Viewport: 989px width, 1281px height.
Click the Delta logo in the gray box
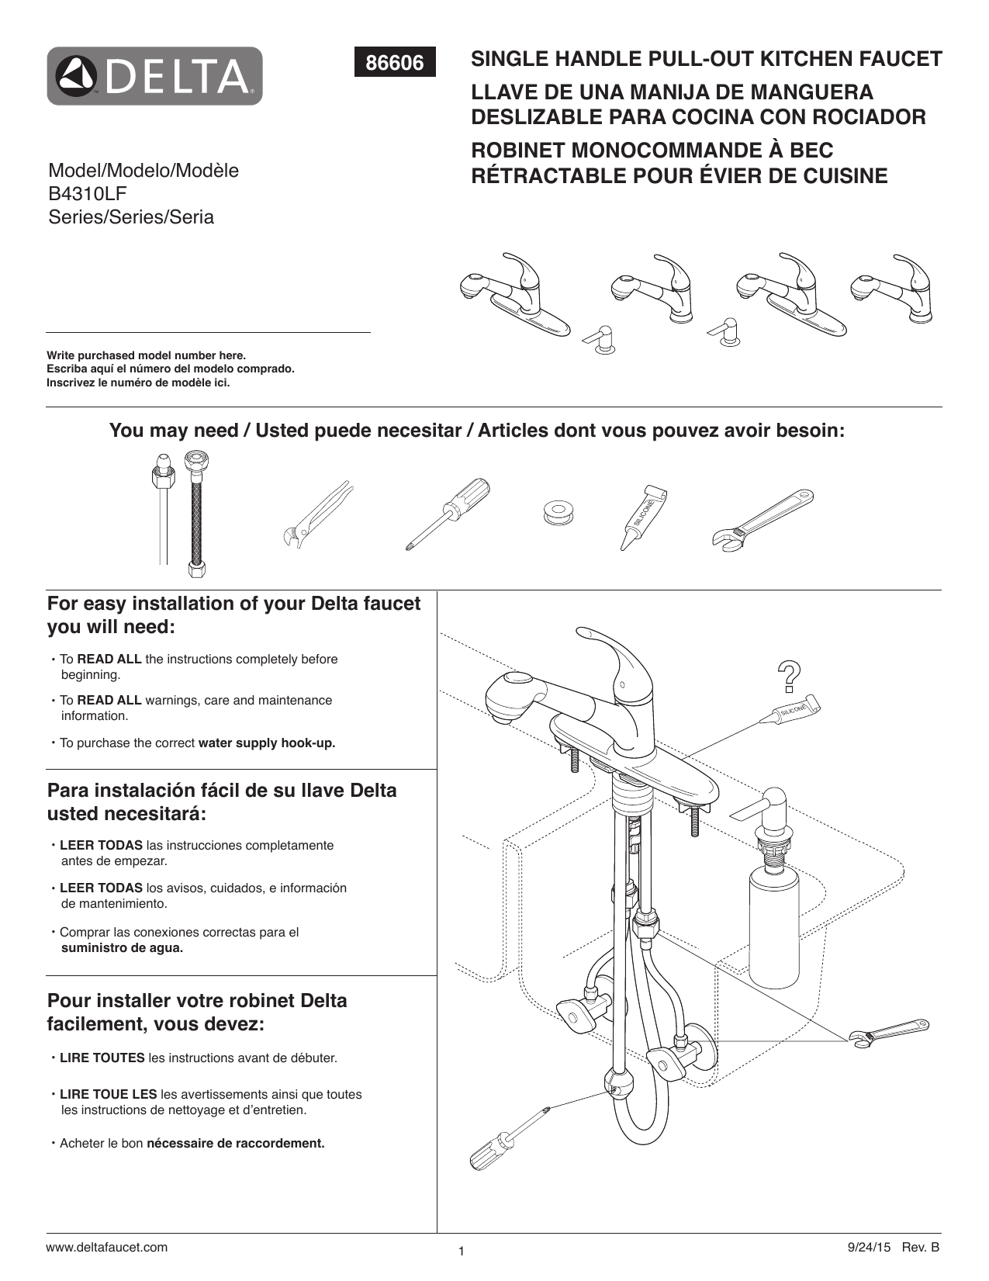pos(154,76)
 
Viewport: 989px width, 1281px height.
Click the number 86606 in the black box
pos(395,63)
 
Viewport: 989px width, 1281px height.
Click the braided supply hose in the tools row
pos(194,516)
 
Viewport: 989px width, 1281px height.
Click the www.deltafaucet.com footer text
pos(107,1247)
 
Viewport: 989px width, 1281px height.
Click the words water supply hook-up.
pos(267,743)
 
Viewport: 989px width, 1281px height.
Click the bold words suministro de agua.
pos(122,947)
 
